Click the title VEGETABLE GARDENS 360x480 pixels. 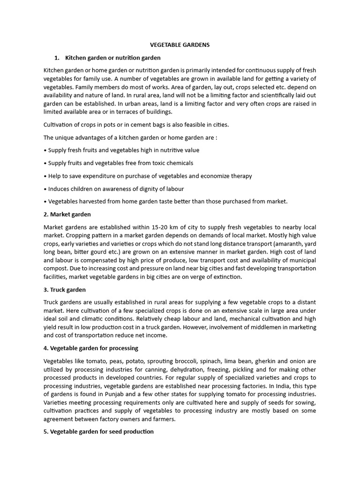point(180,45)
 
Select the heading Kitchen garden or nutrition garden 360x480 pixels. point(112,58)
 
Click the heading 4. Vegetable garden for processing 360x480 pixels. point(90,348)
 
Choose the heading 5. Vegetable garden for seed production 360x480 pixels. point(98,431)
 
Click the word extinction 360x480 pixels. point(226,277)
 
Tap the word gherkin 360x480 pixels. point(267,361)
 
